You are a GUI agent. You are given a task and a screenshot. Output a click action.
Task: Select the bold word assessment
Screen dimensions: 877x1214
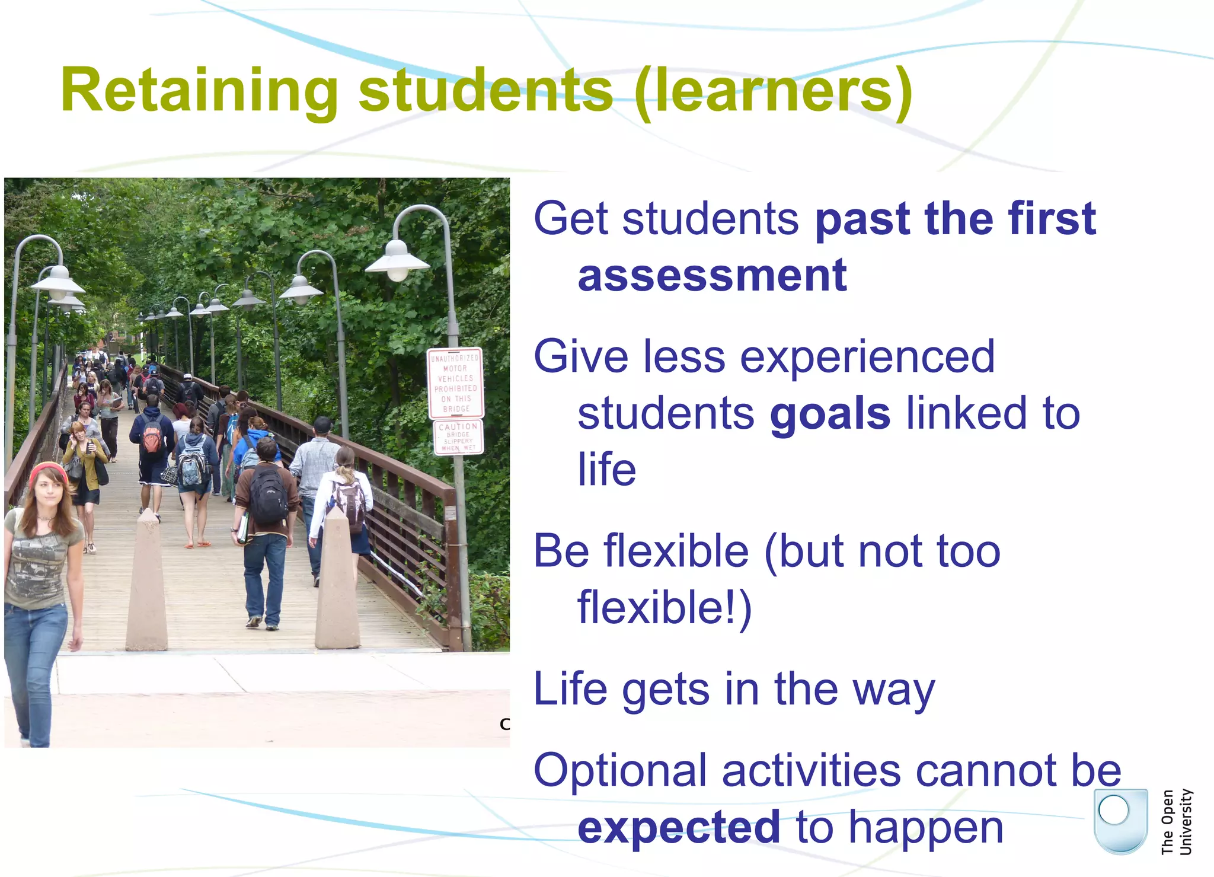tap(712, 276)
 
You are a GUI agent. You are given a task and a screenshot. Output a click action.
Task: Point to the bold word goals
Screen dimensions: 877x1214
tap(830, 414)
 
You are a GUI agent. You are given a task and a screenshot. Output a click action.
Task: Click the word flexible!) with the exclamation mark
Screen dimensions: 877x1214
tap(664, 608)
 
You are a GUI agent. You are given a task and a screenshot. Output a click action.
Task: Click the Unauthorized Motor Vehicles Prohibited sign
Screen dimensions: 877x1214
tap(455, 383)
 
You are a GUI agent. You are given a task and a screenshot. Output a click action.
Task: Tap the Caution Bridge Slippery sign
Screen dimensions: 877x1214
tap(458, 437)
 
